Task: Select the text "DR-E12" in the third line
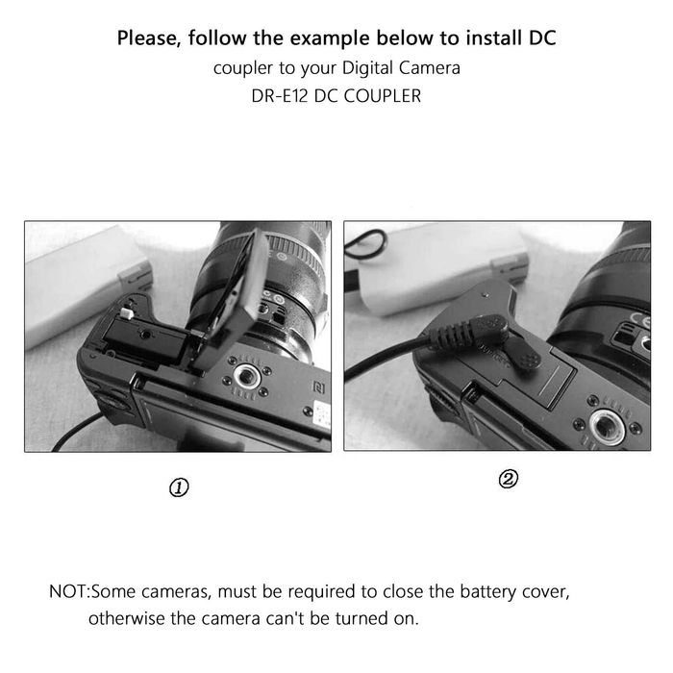pos(280,96)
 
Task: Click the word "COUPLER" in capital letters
pos(383,96)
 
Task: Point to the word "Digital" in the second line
pos(367,68)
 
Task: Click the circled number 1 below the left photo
pos(179,487)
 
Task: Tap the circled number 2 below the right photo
pos(508,479)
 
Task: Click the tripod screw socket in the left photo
pos(246,377)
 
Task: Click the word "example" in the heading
pos(330,38)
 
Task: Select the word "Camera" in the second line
pos(429,68)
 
